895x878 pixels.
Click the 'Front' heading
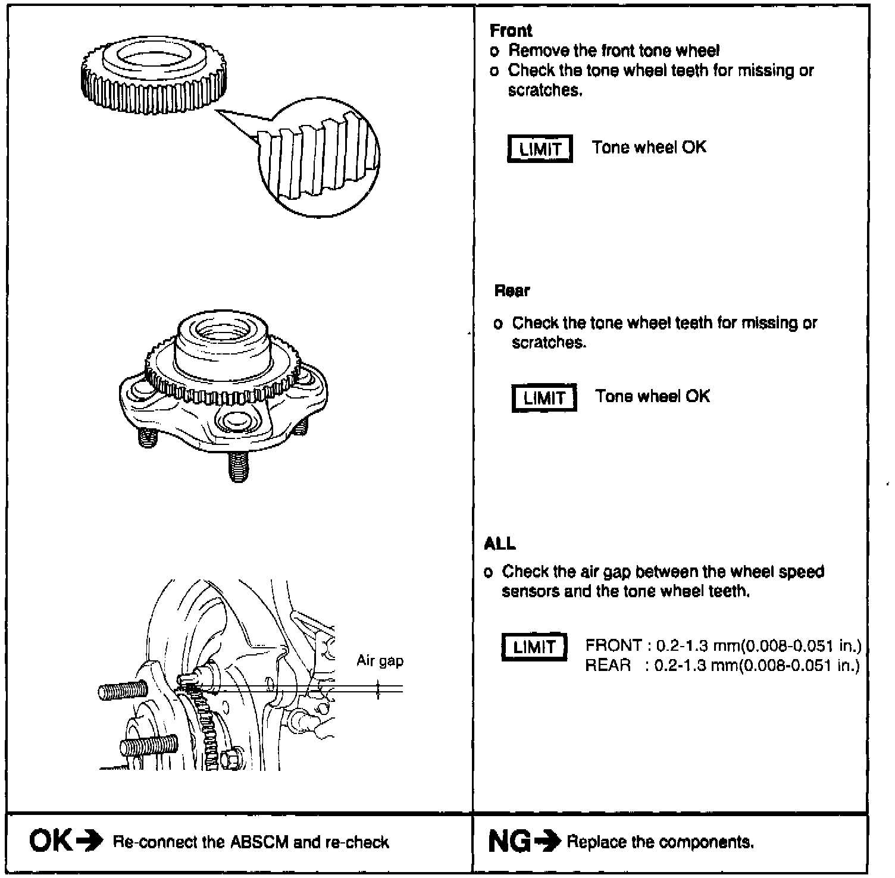point(511,31)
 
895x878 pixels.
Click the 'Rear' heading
point(512,291)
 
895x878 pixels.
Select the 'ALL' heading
point(500,544)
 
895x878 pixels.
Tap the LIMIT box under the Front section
point(540,149)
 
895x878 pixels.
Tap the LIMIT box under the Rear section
point(544,398)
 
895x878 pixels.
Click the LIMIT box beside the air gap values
point(534,647)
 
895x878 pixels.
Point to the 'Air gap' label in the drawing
point(380,661)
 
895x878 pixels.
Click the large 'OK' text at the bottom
point(51,841)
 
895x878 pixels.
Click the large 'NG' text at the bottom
point(509,841)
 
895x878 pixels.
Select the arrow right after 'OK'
point(89,841)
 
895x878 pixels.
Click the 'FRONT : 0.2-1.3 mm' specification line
point(722,646)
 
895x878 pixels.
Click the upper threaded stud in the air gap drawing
point(123,691)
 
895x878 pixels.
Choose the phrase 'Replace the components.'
point(660,842)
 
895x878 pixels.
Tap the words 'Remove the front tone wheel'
point(614,51)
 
